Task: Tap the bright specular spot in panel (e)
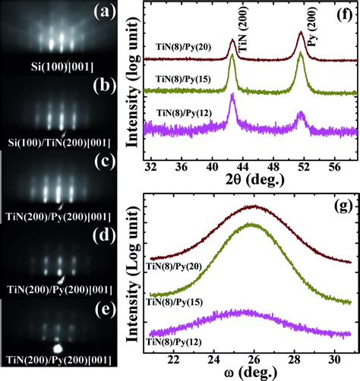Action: pos(56,348)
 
